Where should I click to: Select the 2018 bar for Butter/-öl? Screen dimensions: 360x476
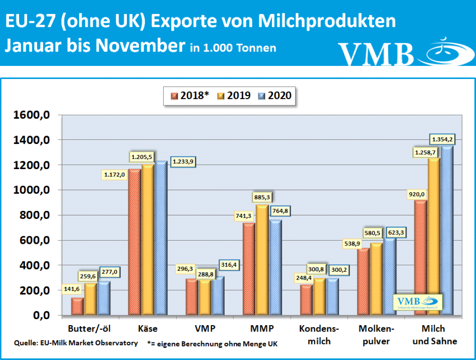click(x=77, y=306)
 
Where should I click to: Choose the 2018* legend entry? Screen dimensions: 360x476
click(x=190, y=96)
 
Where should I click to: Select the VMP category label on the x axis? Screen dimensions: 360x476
click(x=205, y=329)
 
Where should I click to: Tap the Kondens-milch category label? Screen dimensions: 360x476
click(x=320, y=335)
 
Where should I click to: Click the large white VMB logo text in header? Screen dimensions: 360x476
click(x=377, y=54)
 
